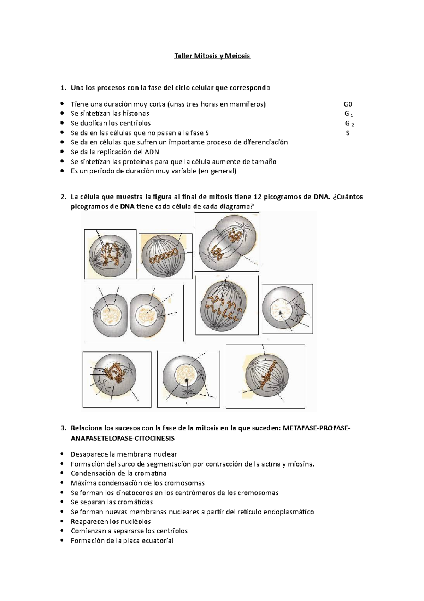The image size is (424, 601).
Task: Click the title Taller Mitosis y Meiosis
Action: point(212,56)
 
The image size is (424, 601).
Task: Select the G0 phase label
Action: point(348,104)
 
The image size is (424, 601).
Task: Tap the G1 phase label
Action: point(348,114)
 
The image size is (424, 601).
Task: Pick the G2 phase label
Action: point(349,124)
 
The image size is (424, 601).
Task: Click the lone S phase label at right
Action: point(348,133)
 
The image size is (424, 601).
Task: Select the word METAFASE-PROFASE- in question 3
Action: point(317,428)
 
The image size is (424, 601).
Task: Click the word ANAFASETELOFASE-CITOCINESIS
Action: point(123,438)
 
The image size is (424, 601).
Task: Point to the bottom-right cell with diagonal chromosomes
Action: point(267,376)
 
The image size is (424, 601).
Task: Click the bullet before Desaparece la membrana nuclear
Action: point(63,454)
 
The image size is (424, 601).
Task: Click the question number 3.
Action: point(63,428)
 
